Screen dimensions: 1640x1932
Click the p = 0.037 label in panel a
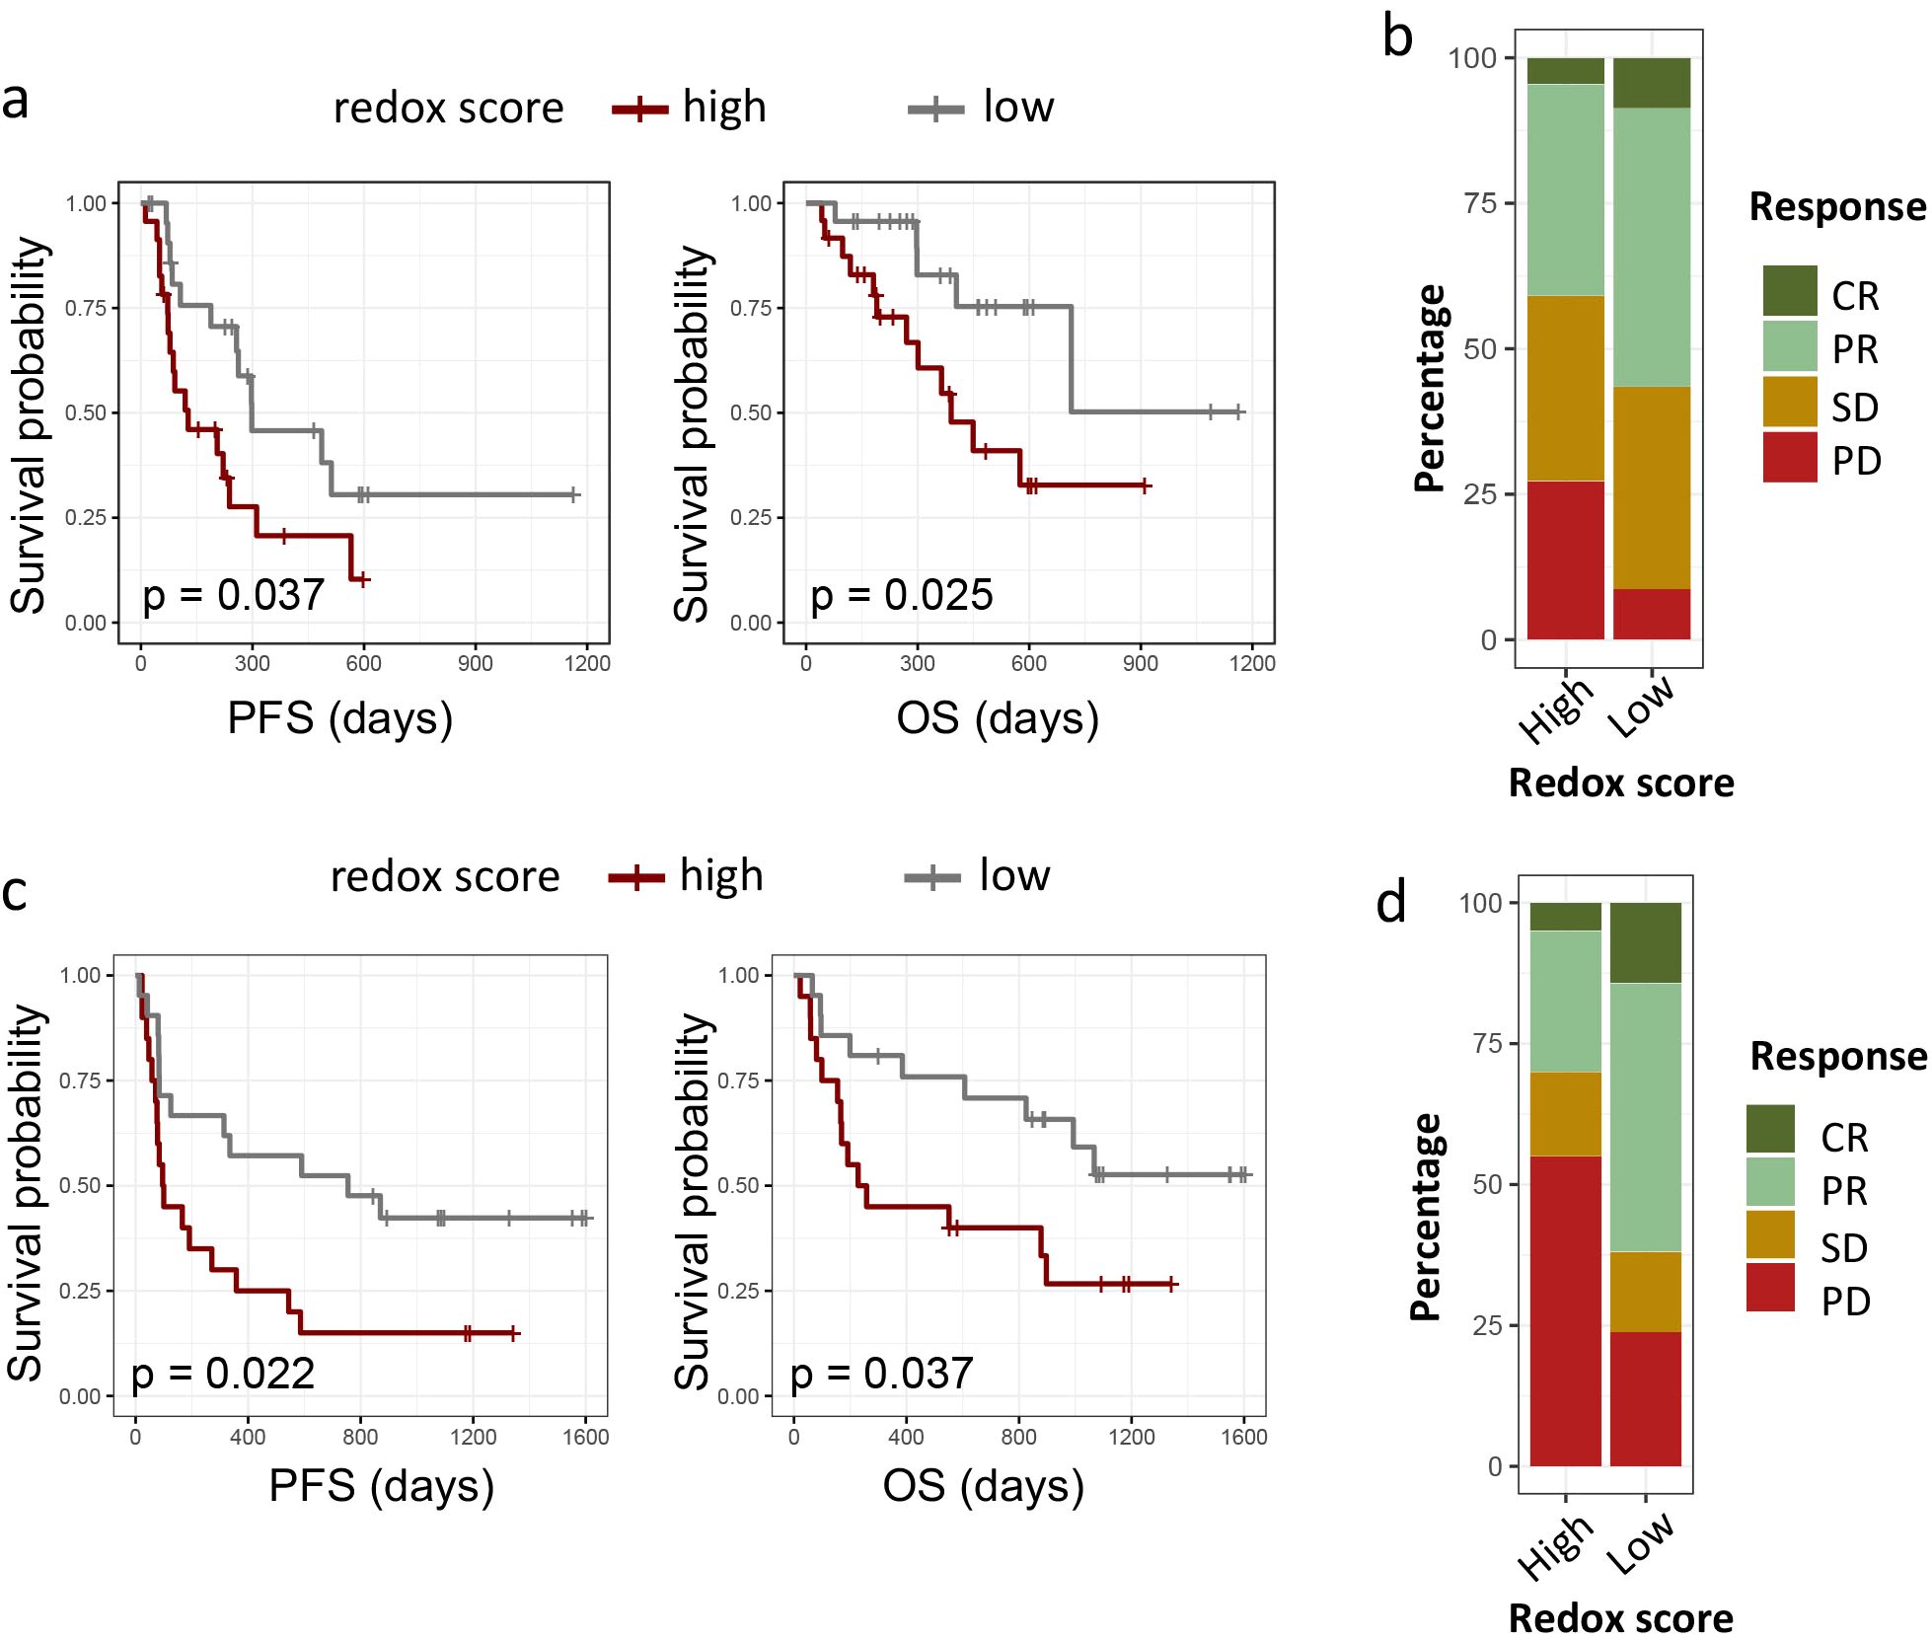233,595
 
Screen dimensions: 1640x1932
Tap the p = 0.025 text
901,595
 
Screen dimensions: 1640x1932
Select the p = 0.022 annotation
223,1374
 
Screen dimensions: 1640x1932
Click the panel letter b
1397,37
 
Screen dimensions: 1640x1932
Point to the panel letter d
1391,903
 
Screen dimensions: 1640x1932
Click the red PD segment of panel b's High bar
1565,559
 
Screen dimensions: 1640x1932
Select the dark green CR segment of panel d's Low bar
1645,942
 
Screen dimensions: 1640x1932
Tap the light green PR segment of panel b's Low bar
1651,247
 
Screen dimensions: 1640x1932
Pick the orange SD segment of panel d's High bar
1565,1113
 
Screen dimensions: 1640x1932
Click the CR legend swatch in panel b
1789,291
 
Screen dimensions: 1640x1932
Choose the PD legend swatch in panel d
1770,1288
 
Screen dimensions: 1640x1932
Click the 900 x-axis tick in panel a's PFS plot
475,663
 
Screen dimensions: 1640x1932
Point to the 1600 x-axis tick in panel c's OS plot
1243,1437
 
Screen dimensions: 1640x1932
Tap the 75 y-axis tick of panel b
1480,203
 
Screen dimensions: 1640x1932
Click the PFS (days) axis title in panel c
381,1486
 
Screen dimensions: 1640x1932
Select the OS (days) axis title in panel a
998,718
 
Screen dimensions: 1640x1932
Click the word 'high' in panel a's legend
723,107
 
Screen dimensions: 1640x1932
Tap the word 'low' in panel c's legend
1014,875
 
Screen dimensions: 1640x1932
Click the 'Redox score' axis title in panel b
1621,783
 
